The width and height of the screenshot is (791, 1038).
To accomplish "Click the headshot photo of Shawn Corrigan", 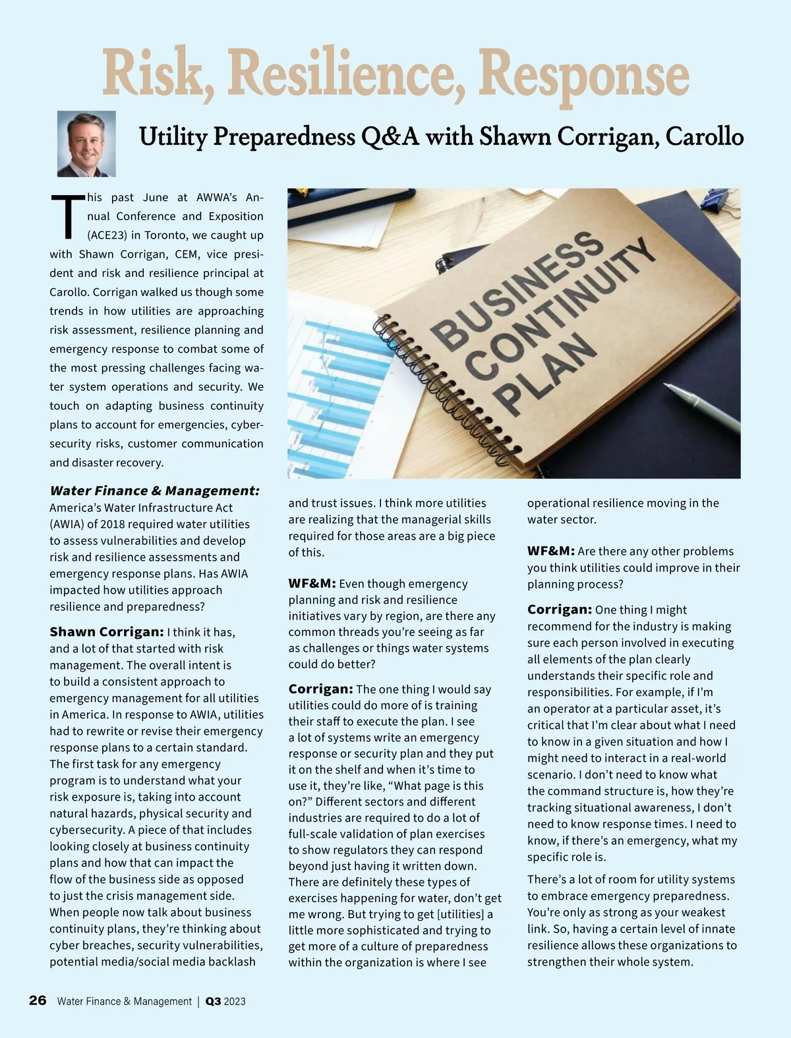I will [x=86, y=144].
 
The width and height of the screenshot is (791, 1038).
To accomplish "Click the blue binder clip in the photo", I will [x=715, y=198].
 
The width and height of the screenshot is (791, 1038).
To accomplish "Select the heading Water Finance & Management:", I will [x=154, y=490].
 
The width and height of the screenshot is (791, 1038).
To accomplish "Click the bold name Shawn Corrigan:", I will [x=107, y=632].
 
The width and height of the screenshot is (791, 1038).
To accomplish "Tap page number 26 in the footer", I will [x=38, y=1000].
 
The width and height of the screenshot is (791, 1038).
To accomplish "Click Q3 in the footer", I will [x=213, y=1001].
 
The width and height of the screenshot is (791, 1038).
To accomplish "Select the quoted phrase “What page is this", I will [x=431, y=786].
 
